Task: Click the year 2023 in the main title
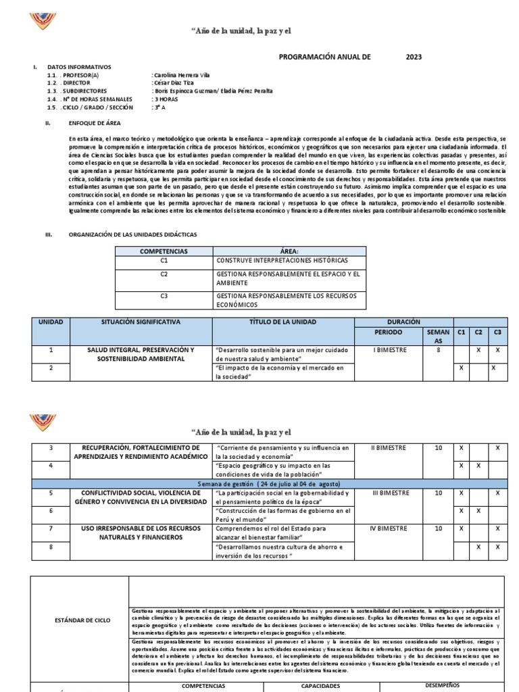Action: click(x=414, y=57)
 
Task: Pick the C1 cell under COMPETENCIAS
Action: click(x=164, y=260)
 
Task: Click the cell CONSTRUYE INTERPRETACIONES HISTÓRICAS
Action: click(x=282, y=260)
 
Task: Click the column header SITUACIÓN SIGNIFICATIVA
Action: click(x=141, y=322)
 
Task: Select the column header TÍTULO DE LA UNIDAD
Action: click(x=282, y=322)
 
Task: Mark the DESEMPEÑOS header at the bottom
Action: click(x=441, y=685)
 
